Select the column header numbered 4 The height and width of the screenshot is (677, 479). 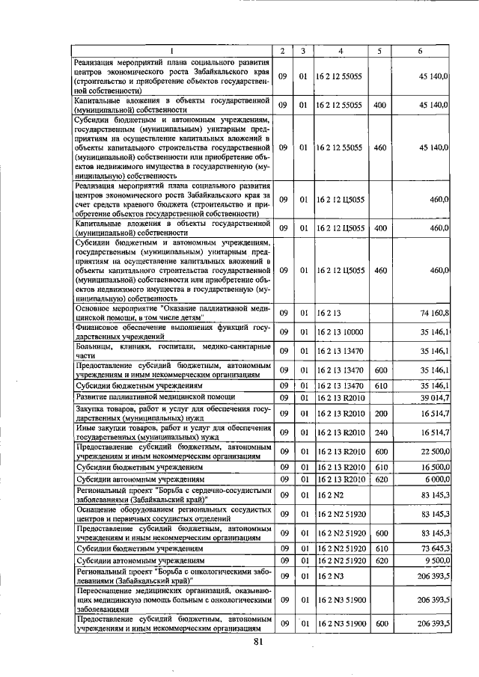click(x=341, y=51)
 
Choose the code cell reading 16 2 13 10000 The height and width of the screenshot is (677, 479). click(x=341, y=331)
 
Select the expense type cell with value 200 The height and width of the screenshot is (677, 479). click(x=379, y=413)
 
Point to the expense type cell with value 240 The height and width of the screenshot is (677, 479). click(x=379, y=432)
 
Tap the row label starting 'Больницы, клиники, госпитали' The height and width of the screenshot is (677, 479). click(x=171, y=350)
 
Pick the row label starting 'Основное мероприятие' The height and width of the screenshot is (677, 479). click(x=171, y=312)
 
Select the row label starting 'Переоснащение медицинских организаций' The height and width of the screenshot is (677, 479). click(x=171, y=600)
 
